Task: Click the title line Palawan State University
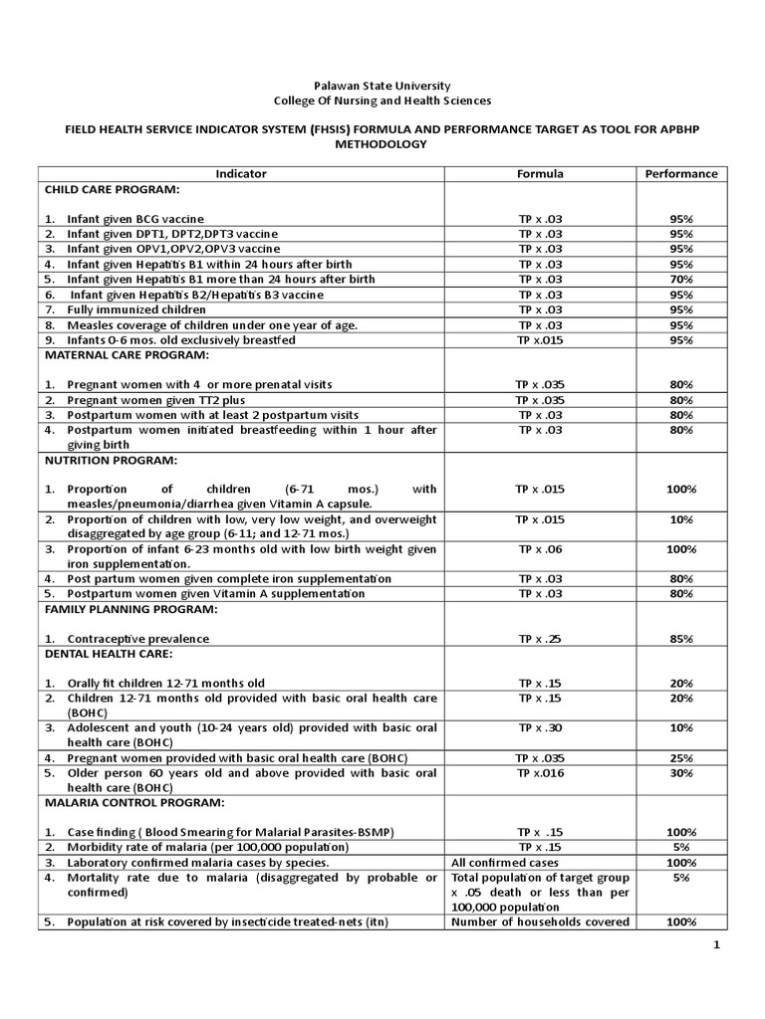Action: (x=382, y=87)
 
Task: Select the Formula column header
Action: (x=539, y=173)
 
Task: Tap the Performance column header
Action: (x=680, y=173)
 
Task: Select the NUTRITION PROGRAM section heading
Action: (x=110, y=461)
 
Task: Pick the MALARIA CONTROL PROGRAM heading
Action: (x=133, y=801)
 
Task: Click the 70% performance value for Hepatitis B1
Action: (x=680, y=280)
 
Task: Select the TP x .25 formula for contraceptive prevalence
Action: (x=539, y=638)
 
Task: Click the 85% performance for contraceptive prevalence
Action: (x=680, y=638)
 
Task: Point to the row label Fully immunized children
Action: (x=135, y=309)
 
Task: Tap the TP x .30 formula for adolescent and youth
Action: (x=539, y=727)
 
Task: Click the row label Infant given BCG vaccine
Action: (x=135, y=218)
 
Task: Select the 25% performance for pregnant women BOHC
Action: (x=680, y=757)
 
